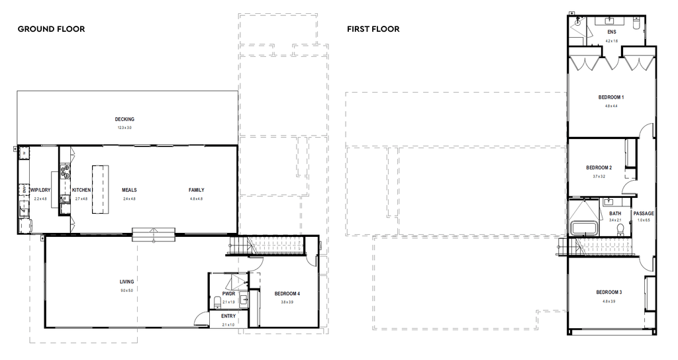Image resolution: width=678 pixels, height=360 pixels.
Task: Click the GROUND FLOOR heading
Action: (x=51, y=29)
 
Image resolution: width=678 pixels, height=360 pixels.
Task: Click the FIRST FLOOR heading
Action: (x=373, y=29)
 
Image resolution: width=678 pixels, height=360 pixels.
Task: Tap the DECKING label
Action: (x=124, y=120)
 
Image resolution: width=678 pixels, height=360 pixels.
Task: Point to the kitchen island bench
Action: (x=99, y=190)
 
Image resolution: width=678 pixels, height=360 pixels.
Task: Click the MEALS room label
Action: (x=129, y=190)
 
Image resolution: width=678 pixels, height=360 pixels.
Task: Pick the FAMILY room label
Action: (x=197, y=190)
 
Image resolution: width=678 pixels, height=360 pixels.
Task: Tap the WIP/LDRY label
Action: (x=40, y=190)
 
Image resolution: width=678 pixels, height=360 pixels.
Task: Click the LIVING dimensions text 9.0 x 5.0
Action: (x=126, y=290)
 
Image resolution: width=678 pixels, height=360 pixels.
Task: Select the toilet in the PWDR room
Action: (x=218, y=303)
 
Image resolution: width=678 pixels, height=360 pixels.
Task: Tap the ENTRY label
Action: (x=228, y=316)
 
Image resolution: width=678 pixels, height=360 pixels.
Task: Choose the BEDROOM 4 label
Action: (x=287, y=294)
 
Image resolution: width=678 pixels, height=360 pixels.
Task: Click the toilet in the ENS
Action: (x=636, y=23)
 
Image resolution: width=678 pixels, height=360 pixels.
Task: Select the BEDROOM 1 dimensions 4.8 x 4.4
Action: (x=610, y=106)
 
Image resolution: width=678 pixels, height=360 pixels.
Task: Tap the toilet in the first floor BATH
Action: (x=620, y=229)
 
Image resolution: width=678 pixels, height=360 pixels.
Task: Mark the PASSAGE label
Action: (x=644, y=214)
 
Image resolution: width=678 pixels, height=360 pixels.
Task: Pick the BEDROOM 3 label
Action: (x=608, y=292)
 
